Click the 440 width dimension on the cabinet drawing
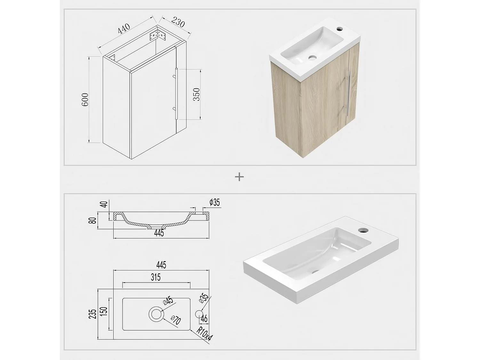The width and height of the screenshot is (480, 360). point(124,29)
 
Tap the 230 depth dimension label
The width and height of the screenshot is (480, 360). point(178,22)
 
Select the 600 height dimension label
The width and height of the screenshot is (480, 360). point(85,100)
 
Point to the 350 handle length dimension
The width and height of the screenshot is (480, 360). point(197,94)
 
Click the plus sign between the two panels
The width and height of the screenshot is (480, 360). point(239,177)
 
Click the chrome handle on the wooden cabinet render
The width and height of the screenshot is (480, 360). point(348,94)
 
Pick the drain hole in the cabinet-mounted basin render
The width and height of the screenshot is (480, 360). point(312,58)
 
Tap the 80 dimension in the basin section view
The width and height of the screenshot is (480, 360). point(93,220)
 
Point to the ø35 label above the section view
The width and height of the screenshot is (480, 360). point(215,203)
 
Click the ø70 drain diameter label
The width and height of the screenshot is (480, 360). point(176,320)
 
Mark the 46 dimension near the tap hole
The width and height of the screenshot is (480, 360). point(204,318)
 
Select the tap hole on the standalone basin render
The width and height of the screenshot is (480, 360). point(363,230)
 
